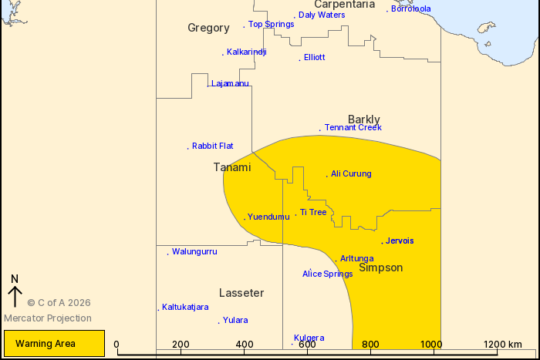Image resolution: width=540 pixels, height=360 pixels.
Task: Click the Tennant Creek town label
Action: [353, 127]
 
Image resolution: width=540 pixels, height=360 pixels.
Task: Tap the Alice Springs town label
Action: [327, 274]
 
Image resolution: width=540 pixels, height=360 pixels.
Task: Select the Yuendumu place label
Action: [268, 217]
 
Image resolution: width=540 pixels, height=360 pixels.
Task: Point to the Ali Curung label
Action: [351, 173]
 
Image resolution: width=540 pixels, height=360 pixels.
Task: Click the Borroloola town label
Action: [410, 9]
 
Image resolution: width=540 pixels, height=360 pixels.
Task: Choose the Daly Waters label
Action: [322, 15]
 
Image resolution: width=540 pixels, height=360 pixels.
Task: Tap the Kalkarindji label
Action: [246, 52]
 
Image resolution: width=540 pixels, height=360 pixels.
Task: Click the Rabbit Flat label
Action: [212, 146]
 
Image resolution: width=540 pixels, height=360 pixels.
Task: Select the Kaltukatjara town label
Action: [185, 307]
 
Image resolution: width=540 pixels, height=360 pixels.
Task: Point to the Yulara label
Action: [235, 320]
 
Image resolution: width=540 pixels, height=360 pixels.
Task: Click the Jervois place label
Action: [400, 241]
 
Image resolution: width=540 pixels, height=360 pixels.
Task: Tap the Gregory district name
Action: [208, 28]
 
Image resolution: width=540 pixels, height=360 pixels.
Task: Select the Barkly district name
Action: [364, 119]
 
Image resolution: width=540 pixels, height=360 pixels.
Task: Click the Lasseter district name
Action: [241, 293]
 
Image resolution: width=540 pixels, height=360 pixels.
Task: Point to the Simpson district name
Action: [380, 267]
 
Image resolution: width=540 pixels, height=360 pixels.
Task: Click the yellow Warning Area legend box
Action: [54, 344]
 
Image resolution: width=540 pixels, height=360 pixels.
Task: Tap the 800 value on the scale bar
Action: [370, 345]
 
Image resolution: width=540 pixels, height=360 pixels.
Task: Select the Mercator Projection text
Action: [48, 318]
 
